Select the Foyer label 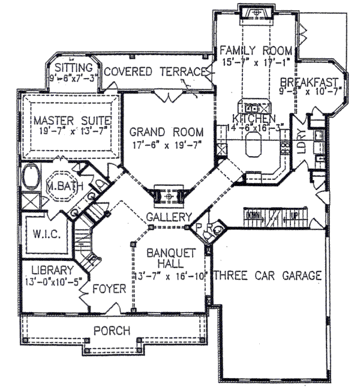(x=109, y=289)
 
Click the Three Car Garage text (x=267, y=276)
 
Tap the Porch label (x=112, y=330)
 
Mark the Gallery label (x=171, y=217)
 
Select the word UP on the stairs (x=294, y=214)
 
